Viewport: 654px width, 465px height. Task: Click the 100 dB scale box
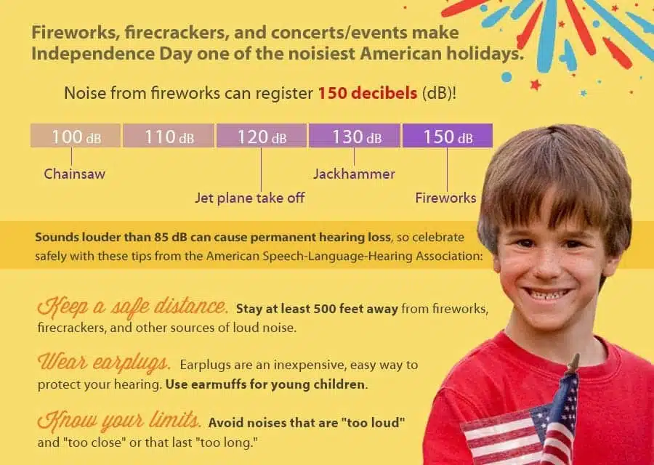tap(76, 136)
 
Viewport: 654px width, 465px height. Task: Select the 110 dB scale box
tap(169, 136)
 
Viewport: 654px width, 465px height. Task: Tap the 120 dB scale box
tap(262, 136)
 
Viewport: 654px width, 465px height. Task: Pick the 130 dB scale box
tap(355, 136)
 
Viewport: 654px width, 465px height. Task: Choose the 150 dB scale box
tap(448, 136)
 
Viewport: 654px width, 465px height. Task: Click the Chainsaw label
tap(75, 174)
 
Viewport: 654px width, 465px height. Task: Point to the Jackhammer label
tap(354, 174)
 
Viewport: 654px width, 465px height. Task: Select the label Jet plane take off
tap(250, 197)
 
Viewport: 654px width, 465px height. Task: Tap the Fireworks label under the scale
tap(445, 197)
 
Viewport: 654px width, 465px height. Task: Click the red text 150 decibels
tap(368, 93)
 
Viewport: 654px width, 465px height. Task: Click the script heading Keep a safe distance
tap(133, 306)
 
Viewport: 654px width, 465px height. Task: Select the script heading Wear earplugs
tap(104, 363)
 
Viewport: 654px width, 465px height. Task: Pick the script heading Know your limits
tap(119, 421)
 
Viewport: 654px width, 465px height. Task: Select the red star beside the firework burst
tap(536, 85)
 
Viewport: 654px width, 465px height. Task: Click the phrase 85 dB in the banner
tap(171, 238)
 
